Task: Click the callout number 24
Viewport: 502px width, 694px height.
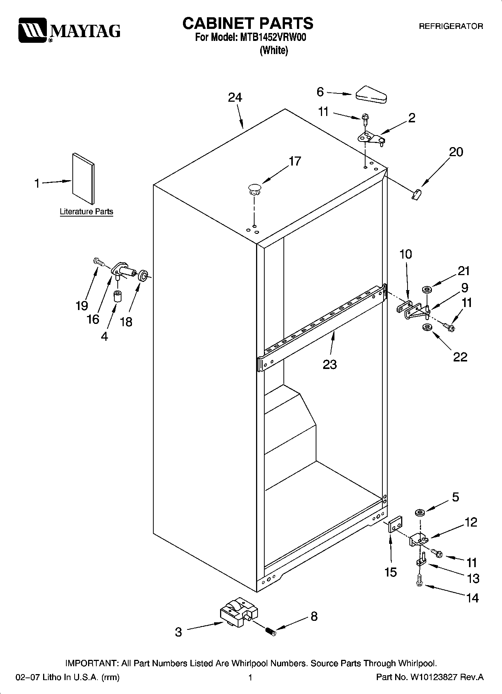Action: [x=235, y=98]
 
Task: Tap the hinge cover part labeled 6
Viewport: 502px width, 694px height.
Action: [x=372, y=95]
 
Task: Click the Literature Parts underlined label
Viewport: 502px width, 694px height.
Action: [x=86, y=212]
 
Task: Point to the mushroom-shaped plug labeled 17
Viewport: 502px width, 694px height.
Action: [x=255, y=188]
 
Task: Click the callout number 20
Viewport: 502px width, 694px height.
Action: [x=456, y=152]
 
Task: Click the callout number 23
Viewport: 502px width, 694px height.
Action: [x=330, y=364]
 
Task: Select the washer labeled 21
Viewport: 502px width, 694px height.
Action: [x=427, y=289]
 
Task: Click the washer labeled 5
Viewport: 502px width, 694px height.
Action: [x=420, y=512]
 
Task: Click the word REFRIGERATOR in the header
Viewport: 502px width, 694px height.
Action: [x=451, y=27]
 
